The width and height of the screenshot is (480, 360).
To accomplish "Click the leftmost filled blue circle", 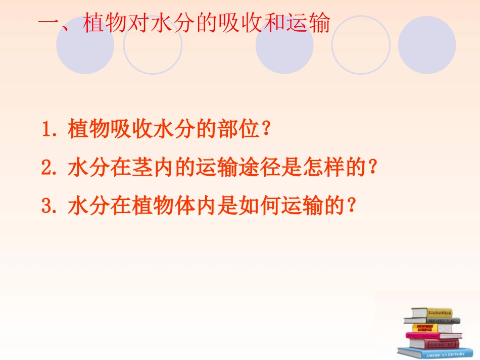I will pyautogui.click(x=85, y=45).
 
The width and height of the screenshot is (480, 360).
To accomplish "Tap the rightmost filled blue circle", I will pyautogui.click(x=427, y=45).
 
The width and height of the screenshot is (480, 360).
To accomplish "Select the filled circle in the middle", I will pyautogui.click(x=284, y=45).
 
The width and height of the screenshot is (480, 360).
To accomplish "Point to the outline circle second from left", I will pyautogui.click(x=153, y=45).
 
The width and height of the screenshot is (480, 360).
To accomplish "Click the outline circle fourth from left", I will pyautogui.click(x=361, y=45).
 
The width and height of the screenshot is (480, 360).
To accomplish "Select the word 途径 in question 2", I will pyautogui.click(x=265, y=168).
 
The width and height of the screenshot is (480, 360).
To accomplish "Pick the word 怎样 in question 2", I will pyautogui.click(x=331, y=168).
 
